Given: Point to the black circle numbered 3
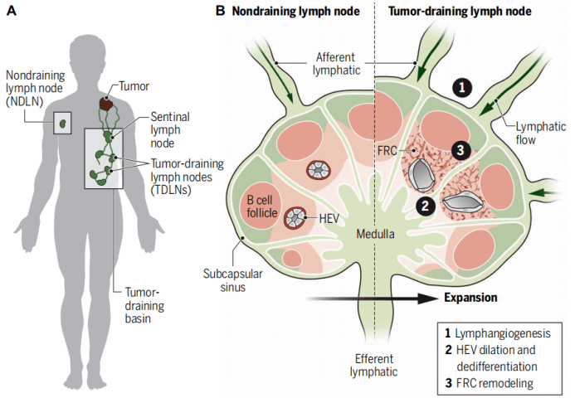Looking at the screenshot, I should [x=462, y=149].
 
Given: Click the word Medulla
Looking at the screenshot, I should [x=369, y=235].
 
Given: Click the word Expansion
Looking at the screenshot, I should [x=470, y=297].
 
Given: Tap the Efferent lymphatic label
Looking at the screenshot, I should [x=370, y=364].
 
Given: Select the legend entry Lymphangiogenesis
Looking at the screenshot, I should [x=497, y=333].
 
